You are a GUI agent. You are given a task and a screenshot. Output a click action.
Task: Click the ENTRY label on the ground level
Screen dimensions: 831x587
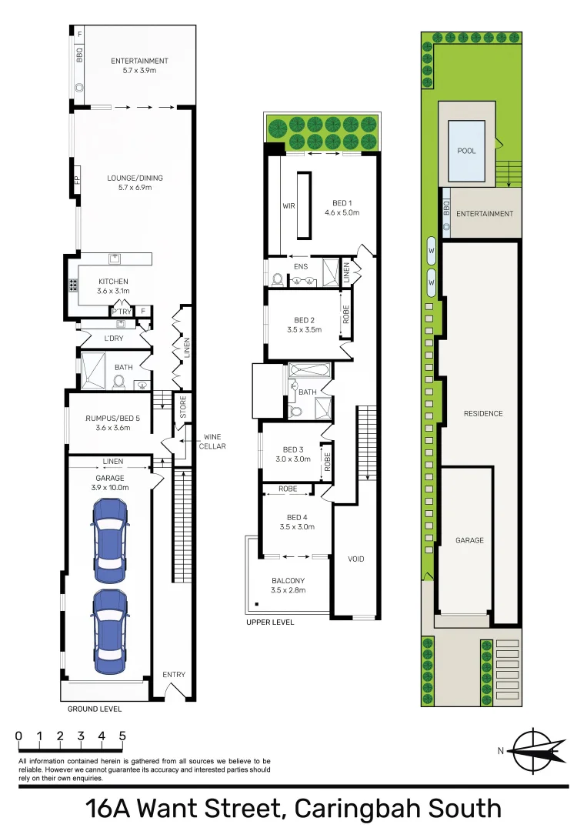174,675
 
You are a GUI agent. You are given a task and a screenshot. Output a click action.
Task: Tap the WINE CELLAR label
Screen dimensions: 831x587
213,442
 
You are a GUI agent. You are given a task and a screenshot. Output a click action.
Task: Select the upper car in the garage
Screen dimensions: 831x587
108,542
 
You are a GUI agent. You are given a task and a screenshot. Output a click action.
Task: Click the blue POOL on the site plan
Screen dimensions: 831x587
466,151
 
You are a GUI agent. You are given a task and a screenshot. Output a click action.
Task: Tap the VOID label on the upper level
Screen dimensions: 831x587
356,559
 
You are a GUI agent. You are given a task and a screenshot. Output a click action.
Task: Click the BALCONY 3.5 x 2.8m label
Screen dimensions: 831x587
288,586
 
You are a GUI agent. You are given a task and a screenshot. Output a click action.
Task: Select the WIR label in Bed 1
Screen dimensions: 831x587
289,206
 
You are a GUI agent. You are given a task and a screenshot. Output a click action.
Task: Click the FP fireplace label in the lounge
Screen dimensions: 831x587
77,180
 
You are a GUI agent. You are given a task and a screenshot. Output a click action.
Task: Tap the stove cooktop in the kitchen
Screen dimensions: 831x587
73,285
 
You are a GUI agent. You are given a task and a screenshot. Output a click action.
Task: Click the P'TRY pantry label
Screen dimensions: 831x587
121,312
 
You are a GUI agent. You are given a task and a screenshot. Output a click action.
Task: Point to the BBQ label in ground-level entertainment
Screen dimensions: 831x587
78,56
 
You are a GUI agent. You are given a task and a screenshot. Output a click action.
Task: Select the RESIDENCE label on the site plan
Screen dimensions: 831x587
483,414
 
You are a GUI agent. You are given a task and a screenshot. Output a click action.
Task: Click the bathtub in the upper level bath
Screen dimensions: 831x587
310,371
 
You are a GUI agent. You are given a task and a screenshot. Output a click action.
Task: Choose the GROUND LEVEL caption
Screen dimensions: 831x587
94,709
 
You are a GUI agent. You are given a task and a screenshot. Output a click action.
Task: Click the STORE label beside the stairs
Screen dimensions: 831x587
183,406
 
